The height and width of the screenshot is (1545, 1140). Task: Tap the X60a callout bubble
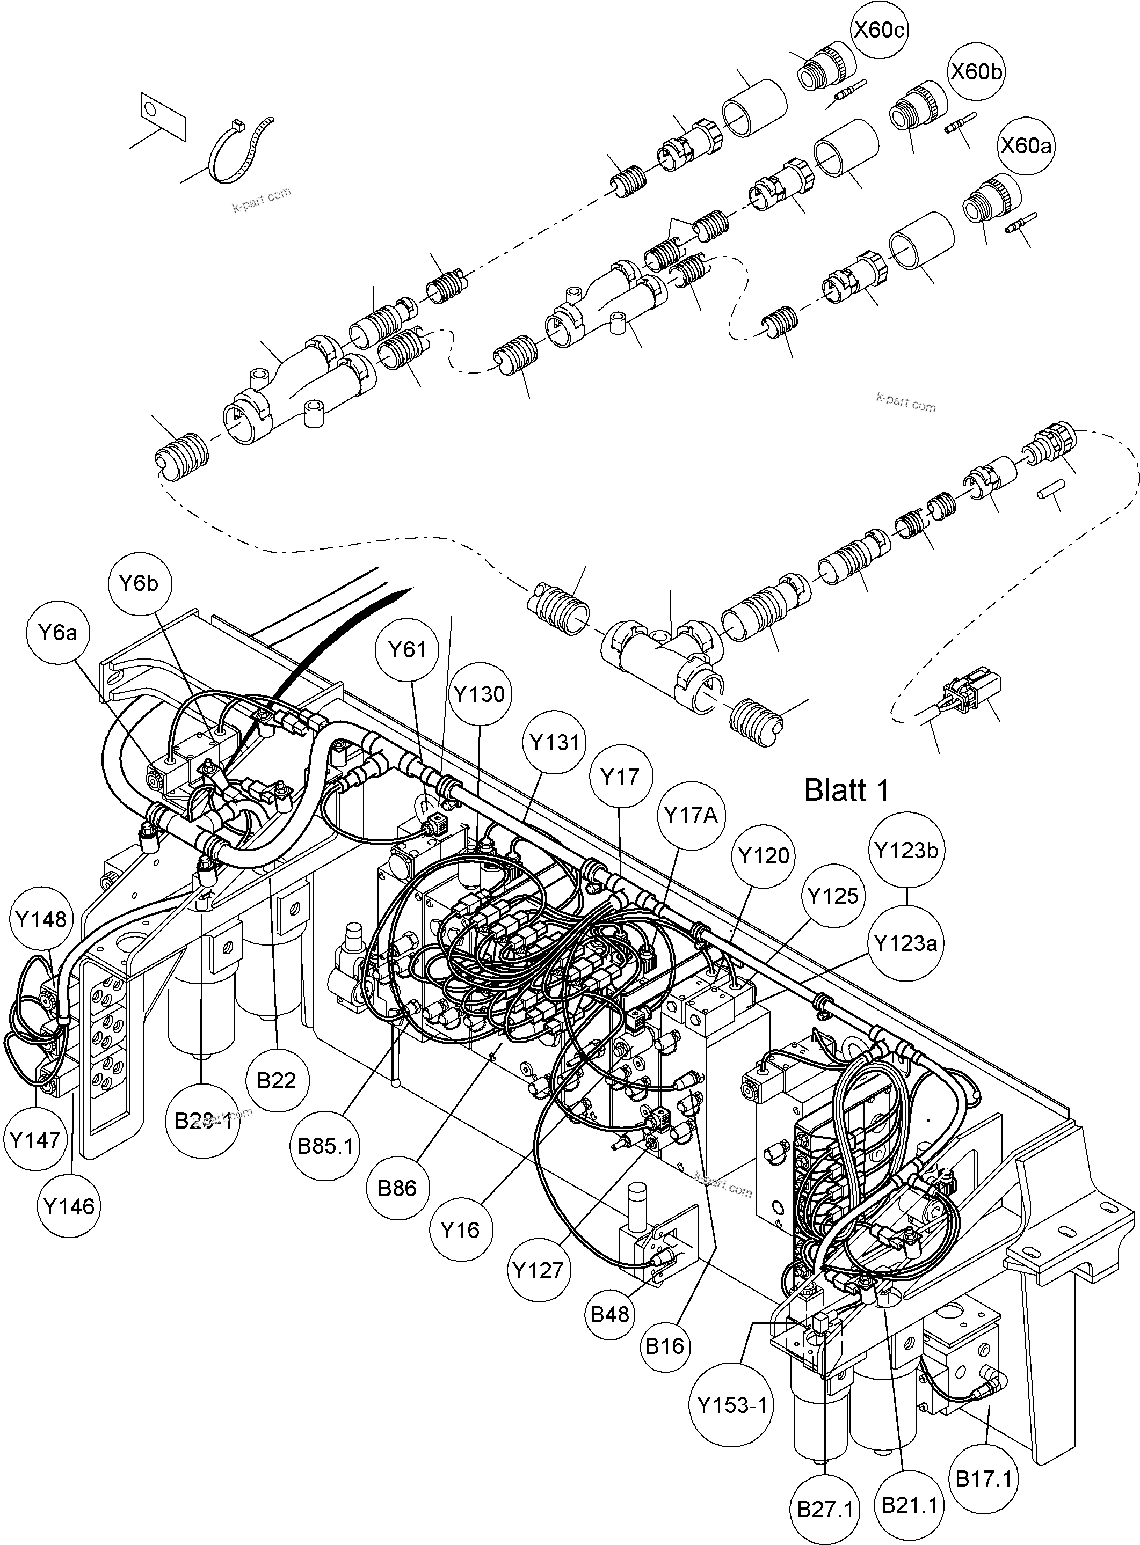click(x=1026, y=145)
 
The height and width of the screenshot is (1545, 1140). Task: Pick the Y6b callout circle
click(x=139, y=583)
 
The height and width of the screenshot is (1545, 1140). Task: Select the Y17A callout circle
click(x=691, y=816)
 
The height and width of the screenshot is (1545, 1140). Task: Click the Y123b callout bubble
click(x=906, y=851)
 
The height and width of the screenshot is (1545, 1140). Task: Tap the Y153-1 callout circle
click(x=731, y=1405)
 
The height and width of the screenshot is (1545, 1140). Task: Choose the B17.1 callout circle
click(x=983, y=1478)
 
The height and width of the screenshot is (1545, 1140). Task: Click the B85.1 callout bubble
click(x=325, y=1146)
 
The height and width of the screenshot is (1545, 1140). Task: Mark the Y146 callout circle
click(x=68, y=1206)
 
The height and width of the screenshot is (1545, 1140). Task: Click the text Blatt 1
click(x=847, y=790)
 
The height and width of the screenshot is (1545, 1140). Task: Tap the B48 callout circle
click(x=610, y=1314)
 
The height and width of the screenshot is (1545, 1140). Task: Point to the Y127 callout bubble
click(x=538, y=1270)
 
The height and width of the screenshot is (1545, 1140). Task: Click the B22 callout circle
click(x=276, y=1080)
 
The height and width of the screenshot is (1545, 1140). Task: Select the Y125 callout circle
click(x=833, y=896)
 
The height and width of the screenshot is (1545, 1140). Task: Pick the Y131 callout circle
click(x=554, y=743)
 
